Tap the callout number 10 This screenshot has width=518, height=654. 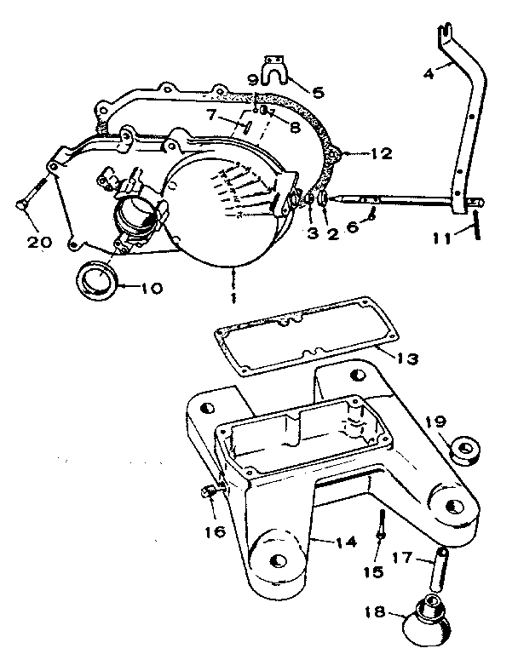(151, 288)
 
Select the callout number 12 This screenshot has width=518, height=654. (381, 154)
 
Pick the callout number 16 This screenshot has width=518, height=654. (215, 531)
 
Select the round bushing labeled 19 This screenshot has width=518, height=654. (465, 449)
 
